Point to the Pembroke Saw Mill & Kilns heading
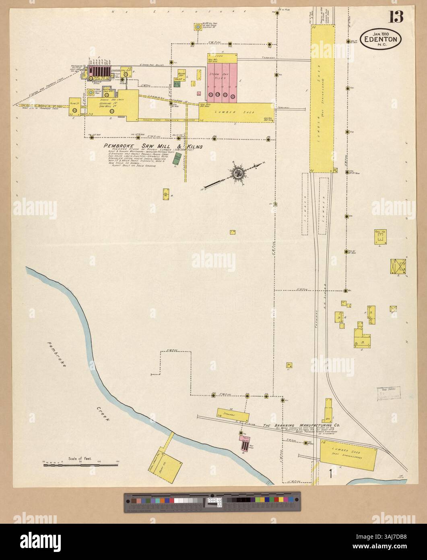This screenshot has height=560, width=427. click(x=153, y=147)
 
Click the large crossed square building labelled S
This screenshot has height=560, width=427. click(x=398, y=267)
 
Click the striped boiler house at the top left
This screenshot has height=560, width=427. click(x=99, y=71)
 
